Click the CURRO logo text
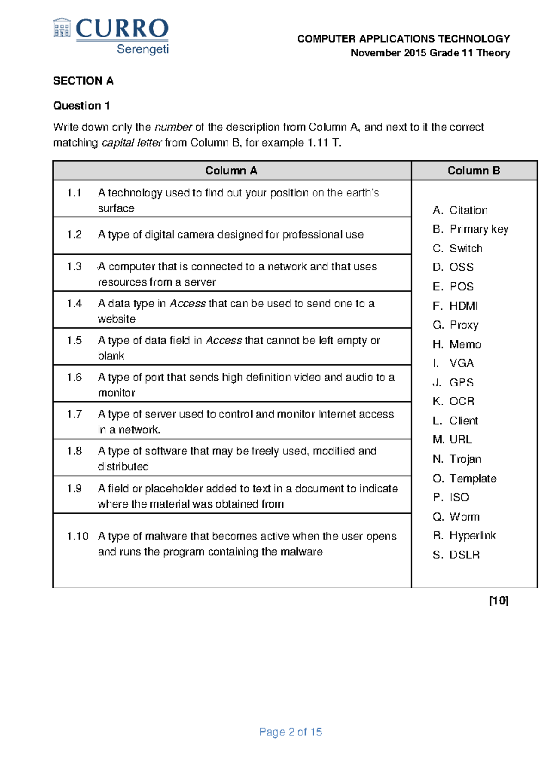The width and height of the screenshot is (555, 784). click(x=122, y=29)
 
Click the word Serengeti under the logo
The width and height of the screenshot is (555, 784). click(x=142, y=49)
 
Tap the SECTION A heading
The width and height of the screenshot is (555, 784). click(x=83, y=81)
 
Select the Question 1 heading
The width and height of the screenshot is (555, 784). click(x=81, y=106)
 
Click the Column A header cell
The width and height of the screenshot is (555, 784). click(x=231, y=171)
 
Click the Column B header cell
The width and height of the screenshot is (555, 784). click(x=474, y=171)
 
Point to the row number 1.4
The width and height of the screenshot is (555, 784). click(x=74, y=304)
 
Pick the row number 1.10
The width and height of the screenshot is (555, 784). click(x=77, y=536)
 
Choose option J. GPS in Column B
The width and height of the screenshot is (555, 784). click(x=453, y=382)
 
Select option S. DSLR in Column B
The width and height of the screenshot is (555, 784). click(x=456, y=555)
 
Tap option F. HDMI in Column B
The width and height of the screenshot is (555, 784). click(x=455, y=306)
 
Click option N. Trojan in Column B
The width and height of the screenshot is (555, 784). click(x=457, y=459)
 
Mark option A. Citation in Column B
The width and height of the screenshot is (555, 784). click(x=460, y=210)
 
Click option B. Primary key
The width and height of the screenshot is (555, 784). click(x=470, y=229)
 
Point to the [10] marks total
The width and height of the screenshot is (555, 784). click(x=499, y=600)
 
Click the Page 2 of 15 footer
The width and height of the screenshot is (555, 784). click(x=290, y=732)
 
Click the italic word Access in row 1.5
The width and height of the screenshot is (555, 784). click(x=224, y=341)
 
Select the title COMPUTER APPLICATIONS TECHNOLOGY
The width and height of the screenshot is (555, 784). click(x=403, y=39)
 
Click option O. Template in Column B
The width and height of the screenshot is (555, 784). click(x=464, y=478)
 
